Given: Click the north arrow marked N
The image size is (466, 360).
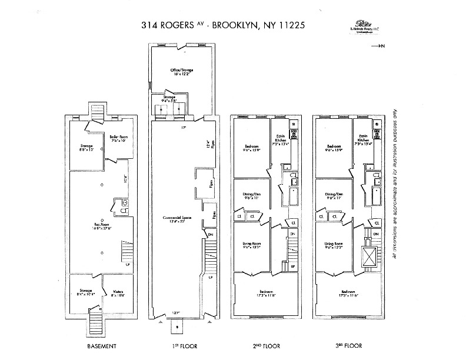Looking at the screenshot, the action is (x=380, y=45).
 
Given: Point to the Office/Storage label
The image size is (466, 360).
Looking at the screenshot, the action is (x=182, y=71).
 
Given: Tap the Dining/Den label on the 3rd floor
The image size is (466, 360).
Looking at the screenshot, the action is (x=334, y=195).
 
